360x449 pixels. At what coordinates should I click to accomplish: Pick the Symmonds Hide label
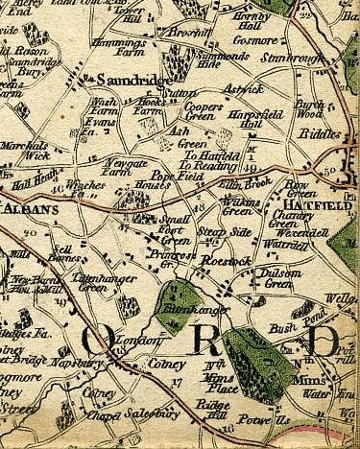tap(221, 59)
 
